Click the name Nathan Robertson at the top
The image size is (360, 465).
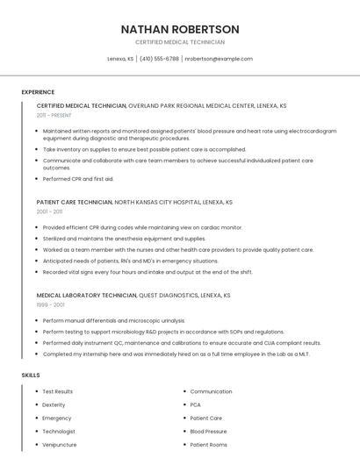180,29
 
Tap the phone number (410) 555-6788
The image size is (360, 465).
159,59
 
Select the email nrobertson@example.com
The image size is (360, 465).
219,59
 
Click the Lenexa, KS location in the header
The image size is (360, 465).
120,59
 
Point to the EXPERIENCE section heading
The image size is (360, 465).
38,92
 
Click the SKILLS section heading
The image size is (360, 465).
31,376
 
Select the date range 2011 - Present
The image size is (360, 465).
54,115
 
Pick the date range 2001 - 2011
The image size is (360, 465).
49,211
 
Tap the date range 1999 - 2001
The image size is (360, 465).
49,305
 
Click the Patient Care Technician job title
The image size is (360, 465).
75,202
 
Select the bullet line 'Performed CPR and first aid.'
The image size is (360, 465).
78,179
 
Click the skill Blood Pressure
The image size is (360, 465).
208,432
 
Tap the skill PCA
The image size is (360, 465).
196,404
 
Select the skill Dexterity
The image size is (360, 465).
54,404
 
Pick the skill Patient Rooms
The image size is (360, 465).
208,445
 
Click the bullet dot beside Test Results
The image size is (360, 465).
36,391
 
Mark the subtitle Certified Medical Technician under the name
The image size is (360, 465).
180,42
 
